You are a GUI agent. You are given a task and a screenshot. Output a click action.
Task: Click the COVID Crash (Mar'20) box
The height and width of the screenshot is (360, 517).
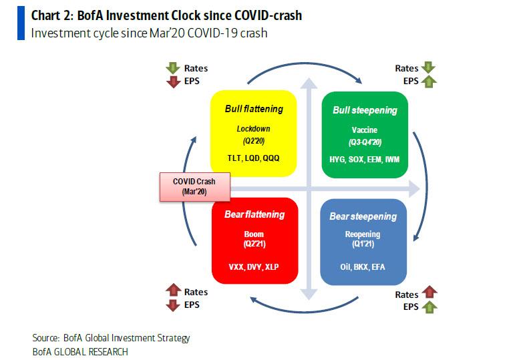(x=193, y=186)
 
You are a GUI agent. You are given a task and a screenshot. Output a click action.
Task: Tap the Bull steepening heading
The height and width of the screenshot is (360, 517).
(x=365, y=110)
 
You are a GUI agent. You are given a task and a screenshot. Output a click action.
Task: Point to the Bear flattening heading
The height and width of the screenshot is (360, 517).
(x=254, y=214)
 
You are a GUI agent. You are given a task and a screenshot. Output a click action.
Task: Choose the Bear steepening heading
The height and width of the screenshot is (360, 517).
(x=363, y=216)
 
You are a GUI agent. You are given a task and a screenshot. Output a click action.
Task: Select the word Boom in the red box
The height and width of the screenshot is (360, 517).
(x=254, y=234)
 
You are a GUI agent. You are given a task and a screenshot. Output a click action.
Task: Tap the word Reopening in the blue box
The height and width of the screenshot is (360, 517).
(x=363, y=234)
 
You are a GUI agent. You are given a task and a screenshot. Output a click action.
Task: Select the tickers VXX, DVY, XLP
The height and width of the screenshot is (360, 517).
(x=254, y=266)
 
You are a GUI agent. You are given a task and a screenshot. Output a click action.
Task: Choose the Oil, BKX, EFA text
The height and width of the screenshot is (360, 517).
(x=363, y=266)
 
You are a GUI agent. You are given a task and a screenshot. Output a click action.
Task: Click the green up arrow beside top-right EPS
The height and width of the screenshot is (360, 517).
(x=428, y=81)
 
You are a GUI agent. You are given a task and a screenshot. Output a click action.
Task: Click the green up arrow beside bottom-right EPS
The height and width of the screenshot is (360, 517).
(x=428, y=307)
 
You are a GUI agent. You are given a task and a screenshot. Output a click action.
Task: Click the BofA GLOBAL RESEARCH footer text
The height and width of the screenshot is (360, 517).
(x=80, y=351)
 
